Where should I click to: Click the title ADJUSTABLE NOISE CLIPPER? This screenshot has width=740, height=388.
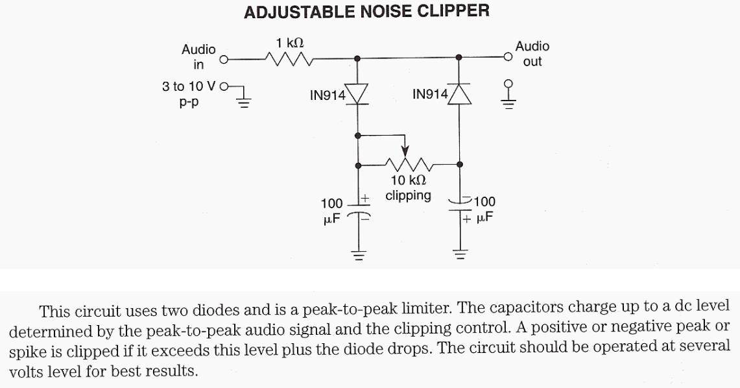pyautogui.click(x=366, y=12)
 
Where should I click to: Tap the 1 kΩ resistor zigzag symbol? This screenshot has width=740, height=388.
pyautogui.click(x=289, y=59)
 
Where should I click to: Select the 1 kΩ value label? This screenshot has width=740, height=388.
pyautogui.click(x=289, y=43)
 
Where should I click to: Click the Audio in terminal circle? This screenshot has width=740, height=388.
pyautogui.click(x=224, y=60)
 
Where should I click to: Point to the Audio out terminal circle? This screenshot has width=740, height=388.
pyautogui.click(x=508, y=57)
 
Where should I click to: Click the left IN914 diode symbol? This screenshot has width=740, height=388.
pyautogui.click(x=358, y=95)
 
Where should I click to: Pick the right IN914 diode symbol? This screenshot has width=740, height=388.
pyautogui.click(x=459, y=95)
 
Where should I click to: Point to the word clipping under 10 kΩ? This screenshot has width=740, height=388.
pyautogui.click(x=408, y=195)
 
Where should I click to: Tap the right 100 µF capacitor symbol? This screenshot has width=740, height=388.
pyautogui.click(x=460, y=207)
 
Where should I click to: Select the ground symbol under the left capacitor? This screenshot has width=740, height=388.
pyautogui.click(x=358, y=254)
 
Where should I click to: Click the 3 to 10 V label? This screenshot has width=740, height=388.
pyautogui.click(x=190, y=86)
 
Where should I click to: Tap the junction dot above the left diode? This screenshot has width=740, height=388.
pyautogui.click(x=358, y=58)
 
